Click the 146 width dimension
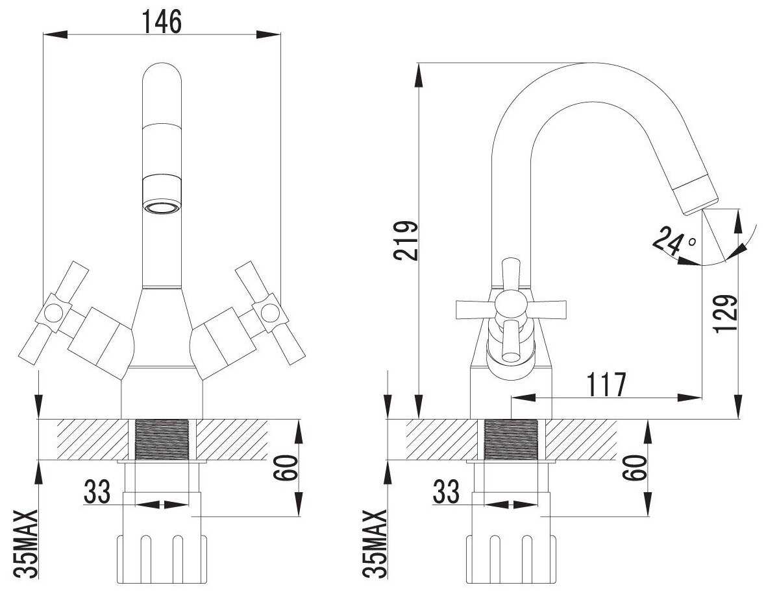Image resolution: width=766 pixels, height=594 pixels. click(x=162, y=21)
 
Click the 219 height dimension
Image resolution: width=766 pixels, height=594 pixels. click(x=407, y=241)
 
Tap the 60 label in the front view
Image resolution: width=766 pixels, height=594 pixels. click(x=286, y=468)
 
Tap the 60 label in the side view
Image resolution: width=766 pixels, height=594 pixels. click(x=635, y=468)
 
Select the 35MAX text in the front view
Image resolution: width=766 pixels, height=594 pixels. click(x=25, y=544)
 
